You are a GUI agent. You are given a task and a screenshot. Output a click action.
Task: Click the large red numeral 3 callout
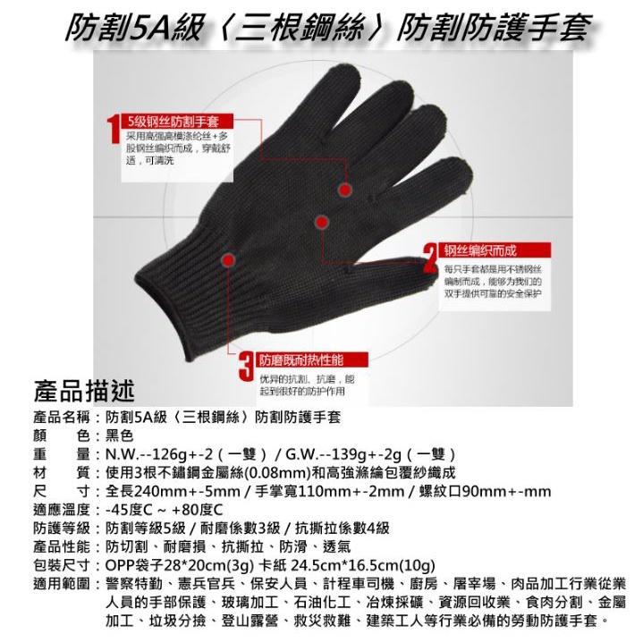244,367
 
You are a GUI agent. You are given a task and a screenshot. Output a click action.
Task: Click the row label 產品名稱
63,418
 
